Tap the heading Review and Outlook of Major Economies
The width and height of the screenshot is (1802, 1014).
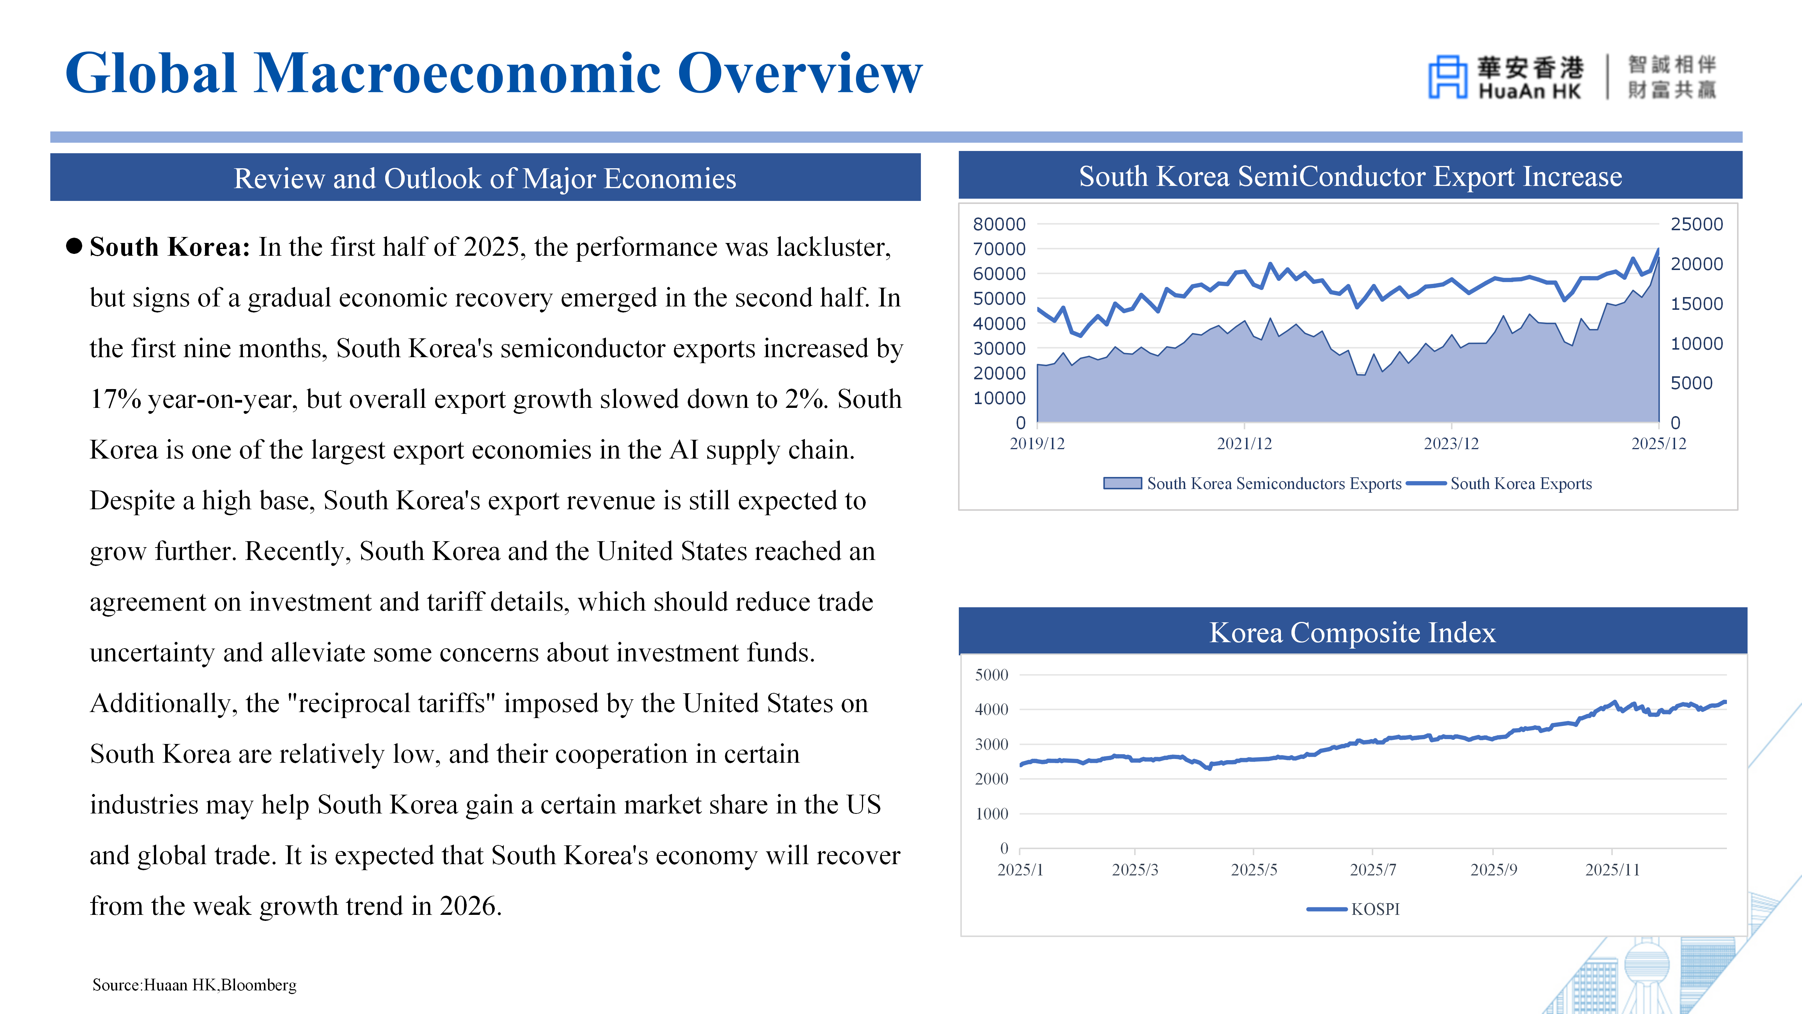[485, 178]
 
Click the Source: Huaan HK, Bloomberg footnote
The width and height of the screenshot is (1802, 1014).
[194, 985]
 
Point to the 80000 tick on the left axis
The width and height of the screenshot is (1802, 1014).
[999, 225]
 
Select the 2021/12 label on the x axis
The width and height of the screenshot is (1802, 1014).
[1244, 444]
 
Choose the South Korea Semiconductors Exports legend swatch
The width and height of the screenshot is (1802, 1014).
[1122, 484]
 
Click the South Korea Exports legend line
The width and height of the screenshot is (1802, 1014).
[1426, 484]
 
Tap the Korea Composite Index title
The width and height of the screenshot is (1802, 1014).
[1352, 632]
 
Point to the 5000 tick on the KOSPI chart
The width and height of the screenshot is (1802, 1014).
[991, 675]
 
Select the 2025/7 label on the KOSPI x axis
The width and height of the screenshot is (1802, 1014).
[1373, 870]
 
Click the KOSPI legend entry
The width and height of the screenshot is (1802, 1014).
[1354, 909]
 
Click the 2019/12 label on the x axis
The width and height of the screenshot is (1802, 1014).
[1037, 444]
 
